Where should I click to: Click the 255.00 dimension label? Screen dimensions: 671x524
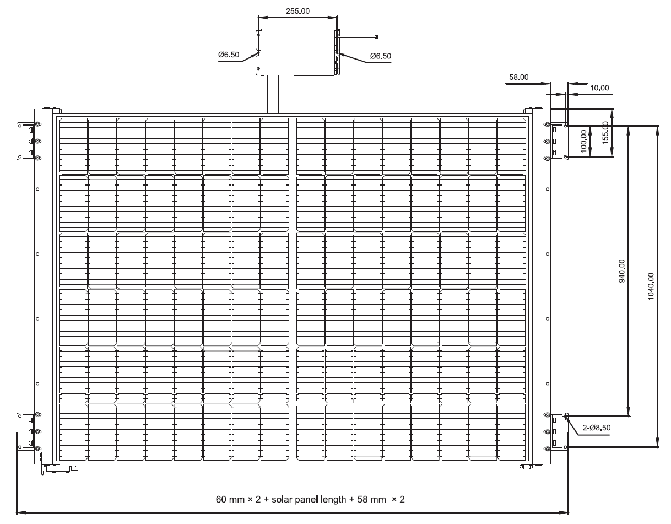(297, 11)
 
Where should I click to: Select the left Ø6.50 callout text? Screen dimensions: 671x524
(229, 55)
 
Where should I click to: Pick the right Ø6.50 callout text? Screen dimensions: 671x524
(381, 56)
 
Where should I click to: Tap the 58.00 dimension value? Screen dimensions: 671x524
(518, 77)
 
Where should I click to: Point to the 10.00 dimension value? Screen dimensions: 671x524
(599, 88)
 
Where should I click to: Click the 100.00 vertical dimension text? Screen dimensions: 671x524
(583, 141)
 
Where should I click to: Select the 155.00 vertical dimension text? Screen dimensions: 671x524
(605, 132)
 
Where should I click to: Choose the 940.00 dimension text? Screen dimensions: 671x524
(622, 271)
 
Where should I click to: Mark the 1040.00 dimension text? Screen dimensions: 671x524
(651, 286)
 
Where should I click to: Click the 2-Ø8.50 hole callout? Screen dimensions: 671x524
(596, 428)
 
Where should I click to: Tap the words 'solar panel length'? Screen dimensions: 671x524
(309, 499)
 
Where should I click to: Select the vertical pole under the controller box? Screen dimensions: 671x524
(273, 94)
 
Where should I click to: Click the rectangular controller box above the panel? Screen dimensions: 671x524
(297, 52)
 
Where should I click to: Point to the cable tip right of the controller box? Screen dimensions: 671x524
(376, 37)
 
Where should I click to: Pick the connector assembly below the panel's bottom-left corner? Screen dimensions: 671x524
(60, 469)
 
